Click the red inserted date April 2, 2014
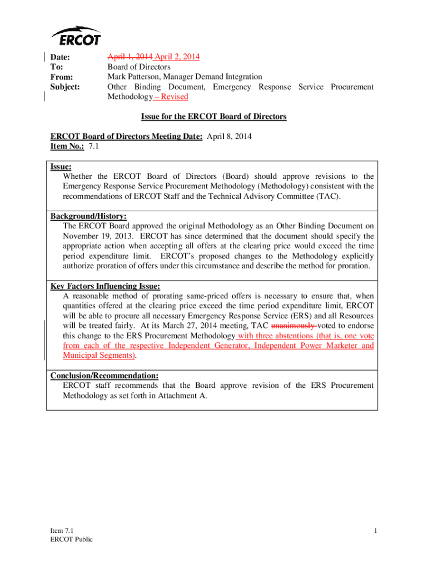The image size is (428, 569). coord(177,57)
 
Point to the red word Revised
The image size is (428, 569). coord(174,97)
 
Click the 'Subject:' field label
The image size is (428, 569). coord(65,87)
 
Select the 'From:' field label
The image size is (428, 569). coord(61,77)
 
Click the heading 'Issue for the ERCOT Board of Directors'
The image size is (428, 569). coord(213,117)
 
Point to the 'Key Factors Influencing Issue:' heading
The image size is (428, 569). coord(105,286)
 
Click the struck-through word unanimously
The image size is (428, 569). coord(293,326)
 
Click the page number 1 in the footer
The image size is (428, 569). coord(376,531)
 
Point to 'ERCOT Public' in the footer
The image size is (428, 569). coord(72,540)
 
